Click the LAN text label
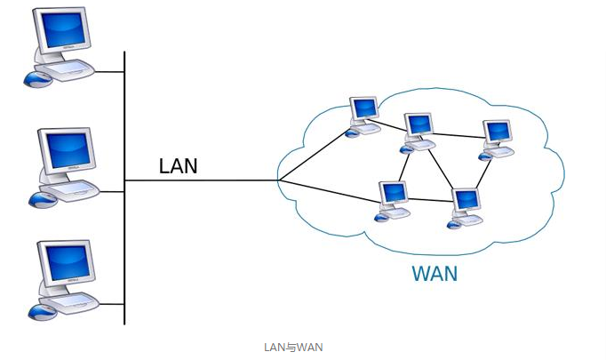click(x=178, y=165)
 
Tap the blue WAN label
click(x=435, y=274)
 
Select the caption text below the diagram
click(x=293, y=347)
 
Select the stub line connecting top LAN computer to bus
click(x=111, y=70)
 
